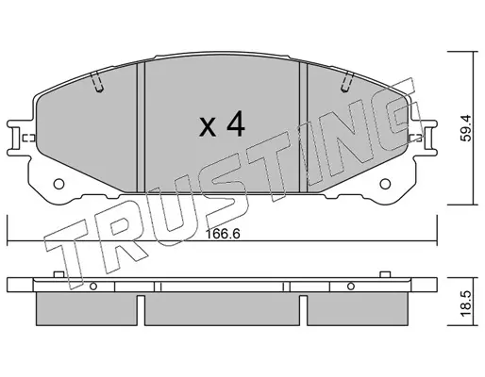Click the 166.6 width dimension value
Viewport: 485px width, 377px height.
point(223,234)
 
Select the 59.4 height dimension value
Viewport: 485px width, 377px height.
point(466,128)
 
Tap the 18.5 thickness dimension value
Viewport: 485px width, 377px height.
point(466,303)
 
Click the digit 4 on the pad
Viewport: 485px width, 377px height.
point(235,123)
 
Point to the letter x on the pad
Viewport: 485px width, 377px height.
point(208,127)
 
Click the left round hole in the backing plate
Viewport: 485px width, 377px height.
point(59,184)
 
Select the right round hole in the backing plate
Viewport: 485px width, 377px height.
point(385,184)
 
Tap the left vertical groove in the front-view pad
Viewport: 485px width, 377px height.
point(141,127)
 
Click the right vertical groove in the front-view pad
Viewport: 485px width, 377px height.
point(303,127)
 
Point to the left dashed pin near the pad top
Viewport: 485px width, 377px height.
point(96,82)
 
